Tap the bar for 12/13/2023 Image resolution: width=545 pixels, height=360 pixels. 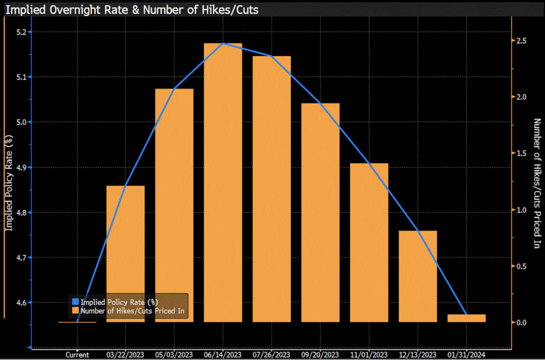418,276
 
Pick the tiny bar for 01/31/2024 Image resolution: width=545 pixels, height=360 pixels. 466,318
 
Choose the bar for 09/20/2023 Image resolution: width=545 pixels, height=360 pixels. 320,212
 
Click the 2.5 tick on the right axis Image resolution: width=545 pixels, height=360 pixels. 521,41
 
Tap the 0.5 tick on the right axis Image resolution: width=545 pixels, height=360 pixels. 521,266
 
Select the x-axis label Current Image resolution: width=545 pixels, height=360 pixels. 77,354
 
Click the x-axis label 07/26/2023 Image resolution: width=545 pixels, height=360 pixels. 271,354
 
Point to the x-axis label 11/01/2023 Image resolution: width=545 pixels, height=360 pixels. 369,354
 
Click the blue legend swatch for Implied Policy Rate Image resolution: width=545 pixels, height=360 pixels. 75,302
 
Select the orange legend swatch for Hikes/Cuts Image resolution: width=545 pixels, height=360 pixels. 75,310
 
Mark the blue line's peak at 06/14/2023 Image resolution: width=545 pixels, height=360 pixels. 223,43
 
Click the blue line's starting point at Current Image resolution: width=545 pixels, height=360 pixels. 78,322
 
